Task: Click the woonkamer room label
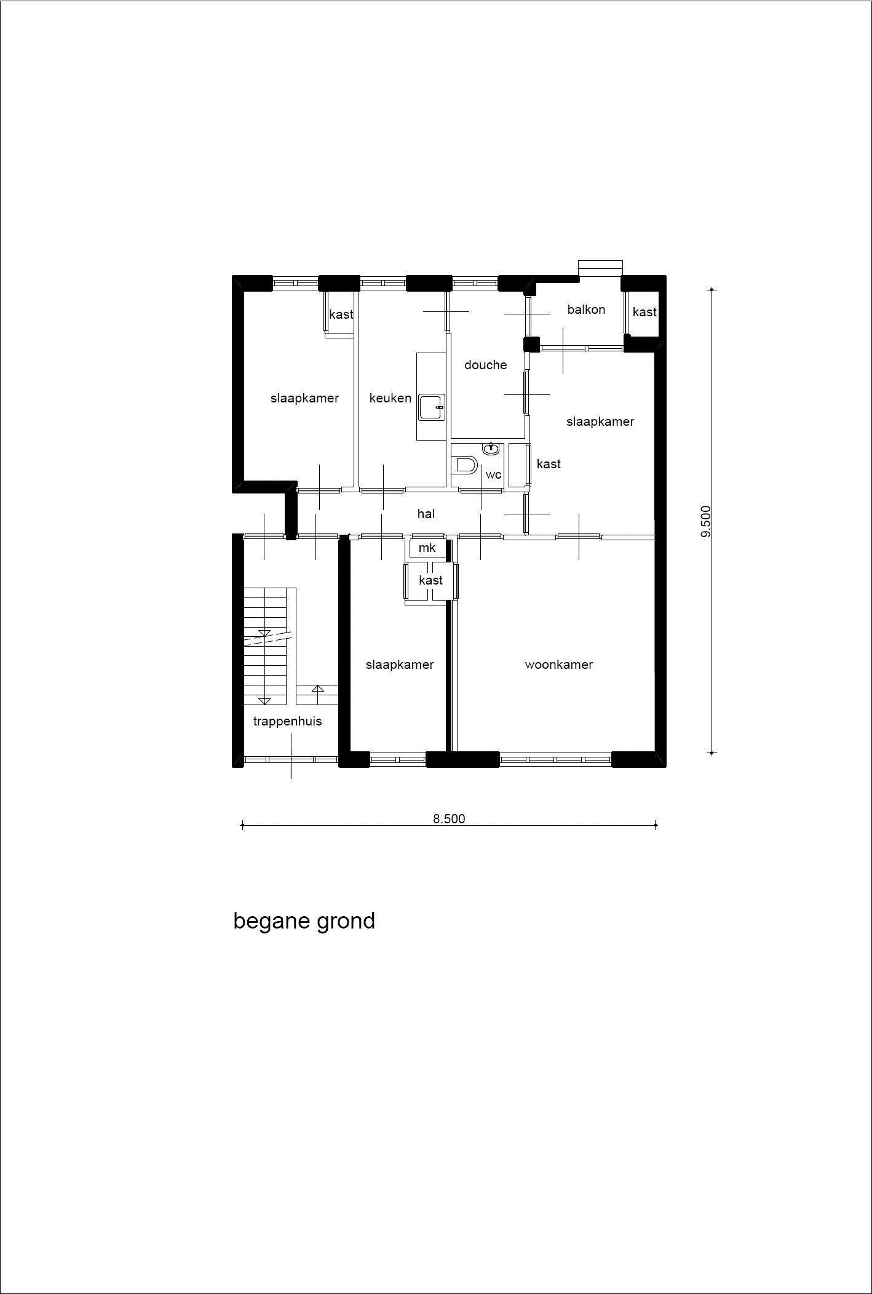tap(558, 665)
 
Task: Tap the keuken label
tap(390, 398)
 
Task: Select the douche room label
tap(485, 365)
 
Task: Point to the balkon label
tap(586, 310)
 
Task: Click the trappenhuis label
tap(287, 721)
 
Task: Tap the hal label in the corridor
tap(426, 514)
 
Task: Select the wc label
tap(493, 475)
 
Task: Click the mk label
tap(427, 548)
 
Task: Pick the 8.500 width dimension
tap(449, 818)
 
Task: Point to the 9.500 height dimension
tap(705, 521)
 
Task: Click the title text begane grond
tap(304, 921)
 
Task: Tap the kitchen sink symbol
tap(432, 407)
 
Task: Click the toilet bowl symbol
tap(465, 465)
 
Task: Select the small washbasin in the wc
tap(491, 449)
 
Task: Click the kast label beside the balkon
tap(644, 312)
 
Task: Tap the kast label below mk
tap(430, 580)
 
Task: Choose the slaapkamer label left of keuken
tap(304, 398)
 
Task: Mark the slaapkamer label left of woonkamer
tap(400, 665)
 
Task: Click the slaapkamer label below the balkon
tap(600, 421)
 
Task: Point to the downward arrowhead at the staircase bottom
tap(265, 700)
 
